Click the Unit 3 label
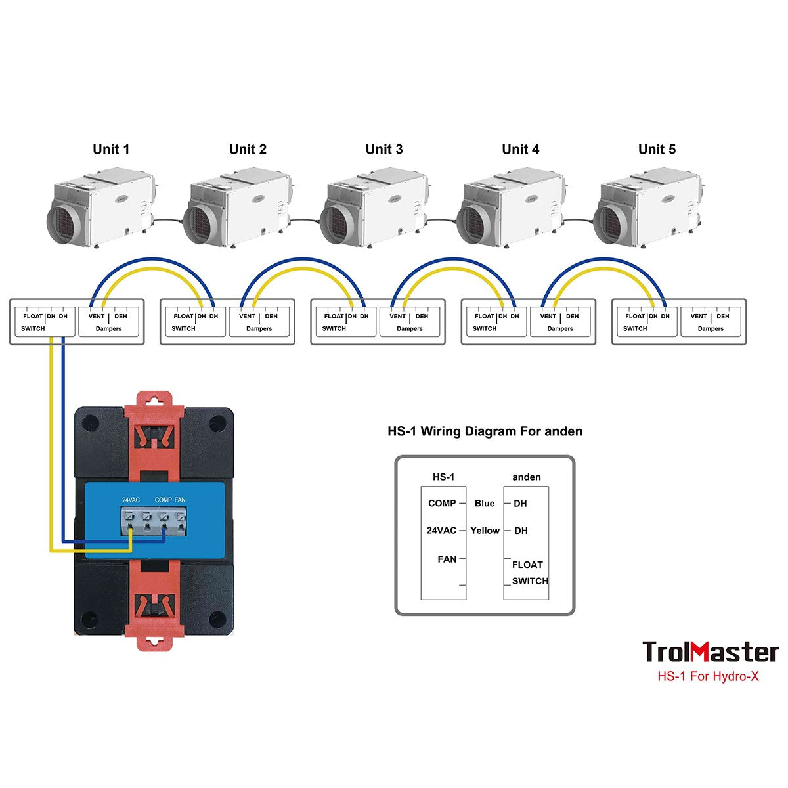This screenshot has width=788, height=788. click(x=384, y=149)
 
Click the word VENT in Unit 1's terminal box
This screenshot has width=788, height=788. click(x=97, y=316)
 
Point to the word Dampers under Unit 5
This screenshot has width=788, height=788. click(x=711, y=328)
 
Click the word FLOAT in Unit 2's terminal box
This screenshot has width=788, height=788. click(x=183, y=316)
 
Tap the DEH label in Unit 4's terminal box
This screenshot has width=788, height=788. click(x=572, y=316)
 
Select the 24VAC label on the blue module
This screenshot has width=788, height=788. click(x=131, y=500)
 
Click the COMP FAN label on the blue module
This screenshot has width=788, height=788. click(x=170, y=500)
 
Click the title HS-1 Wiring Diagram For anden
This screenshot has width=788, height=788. click(x=485, y=431)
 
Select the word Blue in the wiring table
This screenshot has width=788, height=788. click(x=485, y=504)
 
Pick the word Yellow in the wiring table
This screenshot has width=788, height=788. click(x=485, y=531)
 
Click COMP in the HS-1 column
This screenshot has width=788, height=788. click(x=442, y=504)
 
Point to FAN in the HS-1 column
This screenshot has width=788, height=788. click(x=447, y=559)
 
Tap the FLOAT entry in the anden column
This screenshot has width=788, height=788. click(x=527, y=565)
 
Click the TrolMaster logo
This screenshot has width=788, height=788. click(x=710, y=652)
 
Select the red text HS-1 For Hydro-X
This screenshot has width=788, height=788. click(x=708, y=676)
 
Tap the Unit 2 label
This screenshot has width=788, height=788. click(x=248, y=149)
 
